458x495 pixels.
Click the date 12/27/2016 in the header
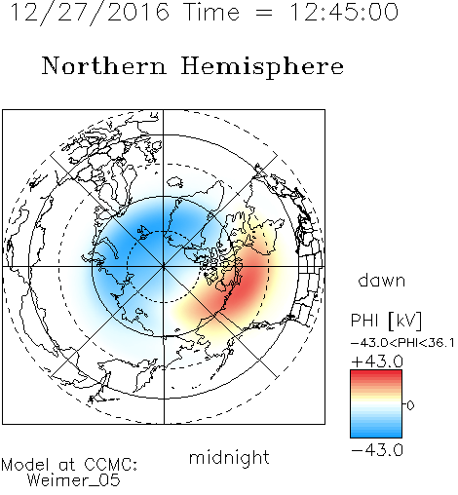(x=90, y=13)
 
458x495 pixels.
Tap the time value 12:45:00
(x=344, y=12)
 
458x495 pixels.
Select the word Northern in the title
(x=103, y=65)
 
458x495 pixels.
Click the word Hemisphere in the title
(x=262, y=67)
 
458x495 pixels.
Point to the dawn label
(x=382, y=281)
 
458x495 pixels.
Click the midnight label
(x=229, y=458)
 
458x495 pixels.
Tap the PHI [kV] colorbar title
(x=386, y=321)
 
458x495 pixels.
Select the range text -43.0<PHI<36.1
(x=402, y=343)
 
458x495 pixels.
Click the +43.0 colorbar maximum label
(x=377, y=362)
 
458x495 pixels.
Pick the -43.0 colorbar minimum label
(x=377, y=450)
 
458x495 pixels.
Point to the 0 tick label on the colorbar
(x=410, y=405)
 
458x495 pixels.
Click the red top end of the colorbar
(x=376, y=373)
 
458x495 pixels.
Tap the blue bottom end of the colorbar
(x=376, y=435)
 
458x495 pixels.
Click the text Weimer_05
(x=74, y=480)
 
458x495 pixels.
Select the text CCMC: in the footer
(x=111, y=465)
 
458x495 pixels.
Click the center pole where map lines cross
(x=164, y=267)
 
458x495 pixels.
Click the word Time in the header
(x=211, y=13)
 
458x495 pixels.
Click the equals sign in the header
(x=263, y=13)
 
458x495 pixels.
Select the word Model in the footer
(x=25, y=465)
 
